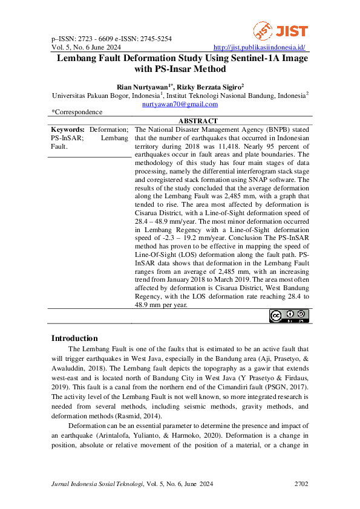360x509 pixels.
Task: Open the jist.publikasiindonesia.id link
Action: pyautogui.click(x=260, y=47)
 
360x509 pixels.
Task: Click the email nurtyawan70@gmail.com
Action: pyautogui.click(x=180, y=104)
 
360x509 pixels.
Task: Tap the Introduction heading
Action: pyautogui.click(x=74, y=338)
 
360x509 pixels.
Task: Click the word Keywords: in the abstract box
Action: pyautogui.click(x=68, y=129)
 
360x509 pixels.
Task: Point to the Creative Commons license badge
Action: pyautogui.click(x=289, y=316)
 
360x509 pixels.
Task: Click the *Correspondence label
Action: pyautogui.click(x=77, y=112)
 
